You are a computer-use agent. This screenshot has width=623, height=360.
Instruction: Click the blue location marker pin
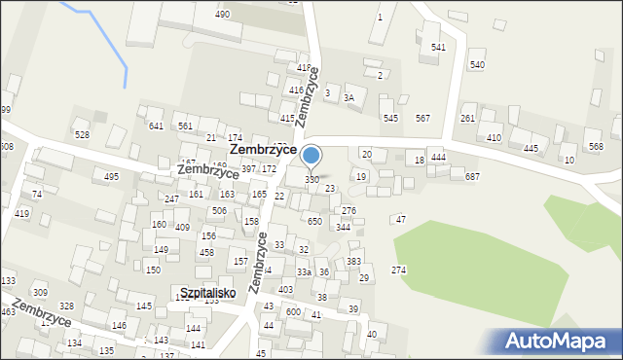point(311,156)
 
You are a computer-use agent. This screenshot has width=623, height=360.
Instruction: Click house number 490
point(223,15)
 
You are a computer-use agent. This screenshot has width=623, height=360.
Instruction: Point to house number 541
point(439,48)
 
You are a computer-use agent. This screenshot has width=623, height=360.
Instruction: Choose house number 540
point(477,64)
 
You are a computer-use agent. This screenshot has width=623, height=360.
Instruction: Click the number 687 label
point(472,176)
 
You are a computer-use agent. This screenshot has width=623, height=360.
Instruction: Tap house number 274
point(399,270)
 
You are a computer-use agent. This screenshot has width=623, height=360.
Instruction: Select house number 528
point(83,134)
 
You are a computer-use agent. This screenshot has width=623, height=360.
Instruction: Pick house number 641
point(156,126)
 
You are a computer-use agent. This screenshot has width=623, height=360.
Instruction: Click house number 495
point(112,176)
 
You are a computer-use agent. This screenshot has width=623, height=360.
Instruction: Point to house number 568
point(596,147)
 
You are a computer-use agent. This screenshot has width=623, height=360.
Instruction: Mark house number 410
point(495,138)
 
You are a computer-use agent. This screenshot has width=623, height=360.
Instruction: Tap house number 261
point(468,119)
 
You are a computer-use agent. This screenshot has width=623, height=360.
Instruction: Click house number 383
point(354,262)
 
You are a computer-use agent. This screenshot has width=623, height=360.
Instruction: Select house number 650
point(314,222)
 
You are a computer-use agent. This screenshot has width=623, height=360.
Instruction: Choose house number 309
point(40,292)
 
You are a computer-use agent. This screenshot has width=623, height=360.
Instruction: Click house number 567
point(422,119)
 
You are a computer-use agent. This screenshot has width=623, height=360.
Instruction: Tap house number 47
point(400,220)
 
